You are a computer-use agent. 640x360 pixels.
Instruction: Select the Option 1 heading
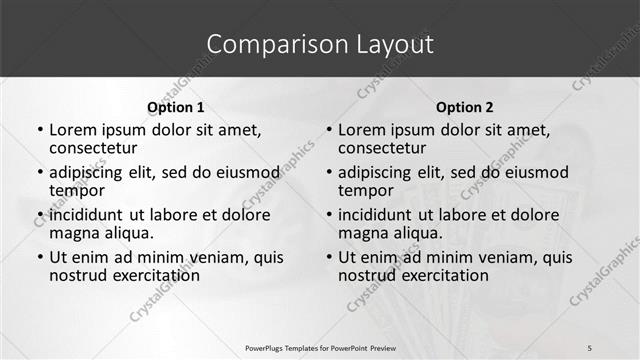[x=176, y=107]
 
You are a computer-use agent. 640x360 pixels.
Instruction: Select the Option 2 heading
[x=465, y=107]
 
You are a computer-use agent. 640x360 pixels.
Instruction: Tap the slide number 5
[x=590, y=347]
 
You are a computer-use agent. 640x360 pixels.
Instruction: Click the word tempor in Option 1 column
[x=77, y=191]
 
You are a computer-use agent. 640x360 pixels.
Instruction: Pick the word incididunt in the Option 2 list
[x=376, y=214]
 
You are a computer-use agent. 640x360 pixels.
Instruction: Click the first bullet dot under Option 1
[x=40, y=130]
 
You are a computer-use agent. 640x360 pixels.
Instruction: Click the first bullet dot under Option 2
[x=329, y=130]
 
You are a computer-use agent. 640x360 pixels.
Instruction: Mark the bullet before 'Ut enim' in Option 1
[x=40, y=257]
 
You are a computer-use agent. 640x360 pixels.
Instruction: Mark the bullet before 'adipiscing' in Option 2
[x=329, y=172]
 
